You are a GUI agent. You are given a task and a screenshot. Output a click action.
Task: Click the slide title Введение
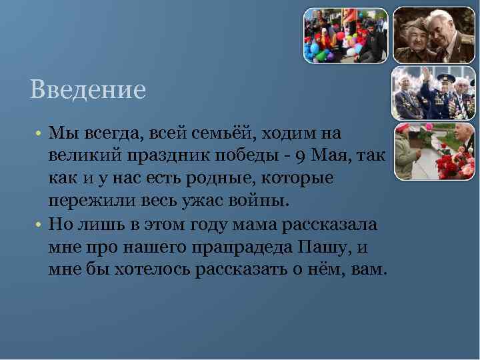pos(87,89)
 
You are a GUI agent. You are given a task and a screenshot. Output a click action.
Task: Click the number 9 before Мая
pos(301,157)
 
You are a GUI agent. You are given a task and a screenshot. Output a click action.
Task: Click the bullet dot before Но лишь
pos(40,225)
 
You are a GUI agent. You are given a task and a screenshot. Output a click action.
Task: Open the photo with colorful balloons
pos(345,35)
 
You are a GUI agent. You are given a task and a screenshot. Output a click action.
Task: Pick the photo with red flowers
pos(433,151)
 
